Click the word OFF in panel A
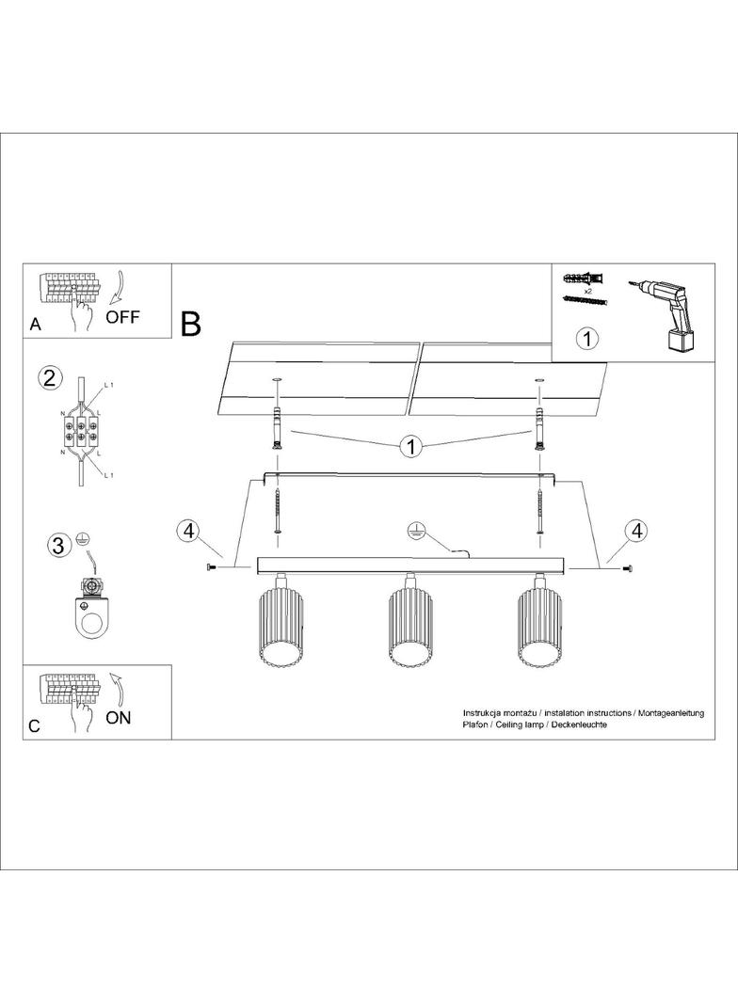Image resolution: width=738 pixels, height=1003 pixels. click(122, 317)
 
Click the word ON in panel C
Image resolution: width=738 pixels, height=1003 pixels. click(118, 718)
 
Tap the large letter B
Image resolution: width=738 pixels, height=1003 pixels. click(191, 324)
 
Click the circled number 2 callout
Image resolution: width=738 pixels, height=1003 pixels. click(50, 378)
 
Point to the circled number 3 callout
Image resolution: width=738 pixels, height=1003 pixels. click(57, 546)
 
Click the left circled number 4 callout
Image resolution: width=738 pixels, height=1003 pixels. click(188, 531)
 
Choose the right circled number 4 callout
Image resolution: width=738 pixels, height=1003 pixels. click(636, 531)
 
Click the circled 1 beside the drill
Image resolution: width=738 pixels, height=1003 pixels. click(587, 339)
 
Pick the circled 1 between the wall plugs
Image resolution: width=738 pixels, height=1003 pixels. click(411, 447)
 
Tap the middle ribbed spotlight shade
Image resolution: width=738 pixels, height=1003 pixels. click(409, 629)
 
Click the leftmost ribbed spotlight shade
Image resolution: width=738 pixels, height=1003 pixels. click(280, 629)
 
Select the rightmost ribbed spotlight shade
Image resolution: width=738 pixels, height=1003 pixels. click(539, 629)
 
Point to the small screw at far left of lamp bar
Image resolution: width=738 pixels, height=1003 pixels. click(211, 566)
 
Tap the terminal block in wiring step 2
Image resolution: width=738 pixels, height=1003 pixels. click(81, 430)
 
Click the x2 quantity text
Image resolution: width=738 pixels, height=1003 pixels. click(586, 291)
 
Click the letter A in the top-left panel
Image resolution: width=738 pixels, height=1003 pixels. click(35, 325)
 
